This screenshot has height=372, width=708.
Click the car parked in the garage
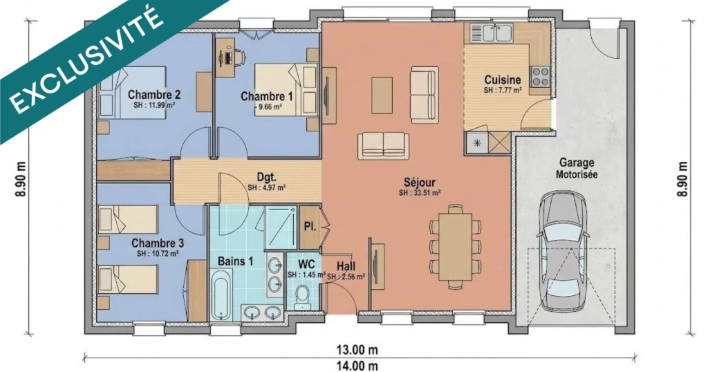pyautogui.click(x=561, y=250)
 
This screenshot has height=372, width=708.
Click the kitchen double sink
pyautogui.click(x=491, y=32)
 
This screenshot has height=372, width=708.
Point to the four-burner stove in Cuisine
pyautogui.click(x=541, y=77)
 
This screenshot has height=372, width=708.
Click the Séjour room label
pyautogui.click(x=420, y=183)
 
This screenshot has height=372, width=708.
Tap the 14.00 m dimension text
pyautogui.click(x=357, y=366)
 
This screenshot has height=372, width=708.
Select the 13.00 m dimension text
pyautogui.click(x=357, y=349)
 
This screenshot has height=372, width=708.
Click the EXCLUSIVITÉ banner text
pyautogui.click(x=86, y=62)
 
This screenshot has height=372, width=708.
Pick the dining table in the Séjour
pyautogui.click(x=456, y=246)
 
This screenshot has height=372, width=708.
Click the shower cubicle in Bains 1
pyautogui.click(x=281, y=227)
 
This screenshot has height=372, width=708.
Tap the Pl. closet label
pyautogui.click(x=310, y=227)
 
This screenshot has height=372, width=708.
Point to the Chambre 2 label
pyautogui.click(x=154, y=94)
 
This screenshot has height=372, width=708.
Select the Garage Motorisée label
pyautogui.click(x=577, y=168)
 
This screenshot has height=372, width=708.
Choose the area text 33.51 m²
pyautogui.click(x=420, y=193)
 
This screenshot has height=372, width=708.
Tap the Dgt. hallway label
pyautogui.click(x=266, y=178)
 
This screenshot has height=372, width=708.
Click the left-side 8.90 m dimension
pyautogui.click(x=21, y=179)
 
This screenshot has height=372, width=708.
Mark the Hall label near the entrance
pyautogui.click(x=346, y=266)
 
